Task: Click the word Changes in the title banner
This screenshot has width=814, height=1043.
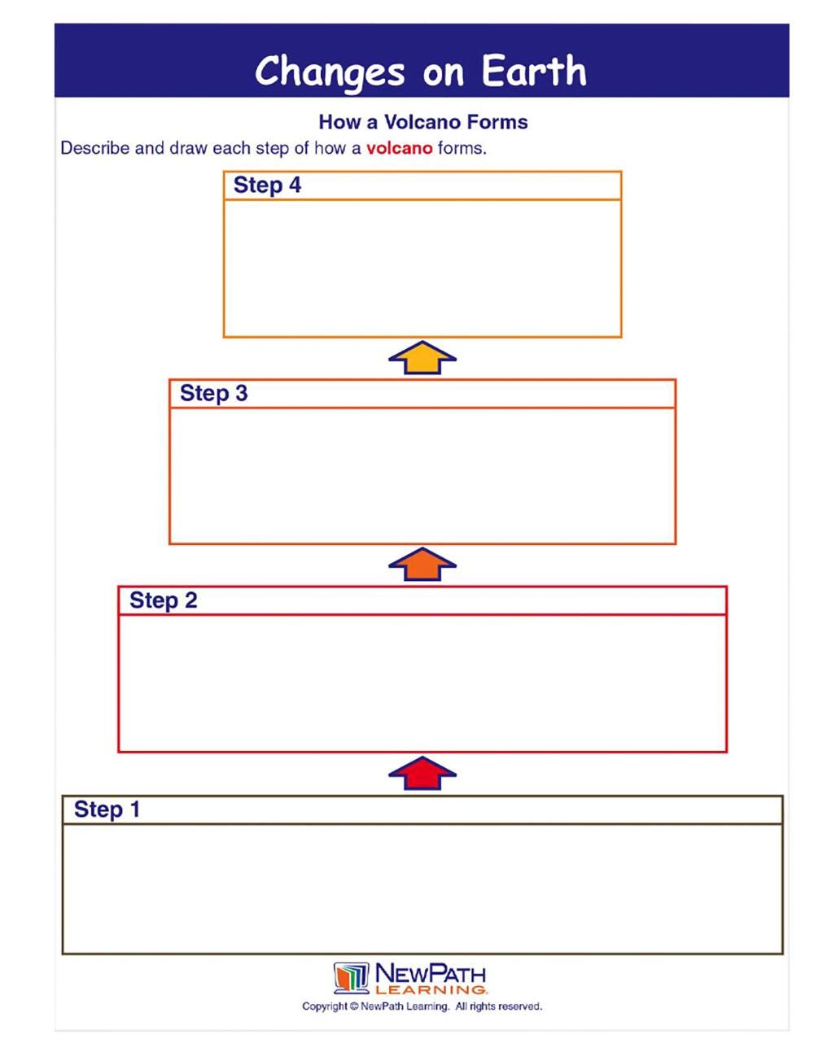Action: pyautogui.click(x=329, y=72)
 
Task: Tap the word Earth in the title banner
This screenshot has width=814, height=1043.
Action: pyautogui.click(x=534, y=72)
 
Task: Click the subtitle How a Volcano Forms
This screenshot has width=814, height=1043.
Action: pyautogui.click(x=422, y=122)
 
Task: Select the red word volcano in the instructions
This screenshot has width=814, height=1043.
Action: pyautogui.click(x=399, y=148)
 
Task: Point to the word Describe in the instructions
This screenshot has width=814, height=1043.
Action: pyautogui.click(x=94, y=148)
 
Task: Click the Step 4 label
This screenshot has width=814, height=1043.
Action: pyautogui.click(x=267, y=185)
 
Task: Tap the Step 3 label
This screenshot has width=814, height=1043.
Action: pyautogui.click(x=213, y=394)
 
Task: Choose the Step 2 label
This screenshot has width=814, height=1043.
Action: pyautogui.click(x=163, y=600)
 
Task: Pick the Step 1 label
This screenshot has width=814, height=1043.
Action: pyautogui.click(x=107, y=810)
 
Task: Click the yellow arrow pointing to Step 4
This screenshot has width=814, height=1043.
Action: pyautogui.click(x=422, y=358)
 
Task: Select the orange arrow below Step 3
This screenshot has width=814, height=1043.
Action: pyautogui.click(x=422, y=565)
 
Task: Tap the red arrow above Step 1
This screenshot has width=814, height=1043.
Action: pyautogui.click(x=422, y=773)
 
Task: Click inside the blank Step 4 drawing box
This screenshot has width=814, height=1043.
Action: pyautogui.click(x=422, y=268)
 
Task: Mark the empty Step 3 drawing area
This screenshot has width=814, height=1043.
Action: pyautogui.click(x=422, y=476)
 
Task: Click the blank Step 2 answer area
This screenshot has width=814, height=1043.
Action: pyautogui.click(x=422, y=683)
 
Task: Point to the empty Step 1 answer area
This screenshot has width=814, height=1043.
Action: pyautogui.click(x=422, y=888)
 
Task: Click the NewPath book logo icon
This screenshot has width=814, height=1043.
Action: pyautogui.click(x=351, y=978)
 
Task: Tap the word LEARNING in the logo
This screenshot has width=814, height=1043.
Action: pyautogui.click(x=431, y=990)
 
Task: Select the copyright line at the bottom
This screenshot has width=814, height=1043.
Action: pyautogui.click(x=422, y=1007)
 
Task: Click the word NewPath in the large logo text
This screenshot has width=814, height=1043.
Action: pyautogui.click(x=431, y=973)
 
